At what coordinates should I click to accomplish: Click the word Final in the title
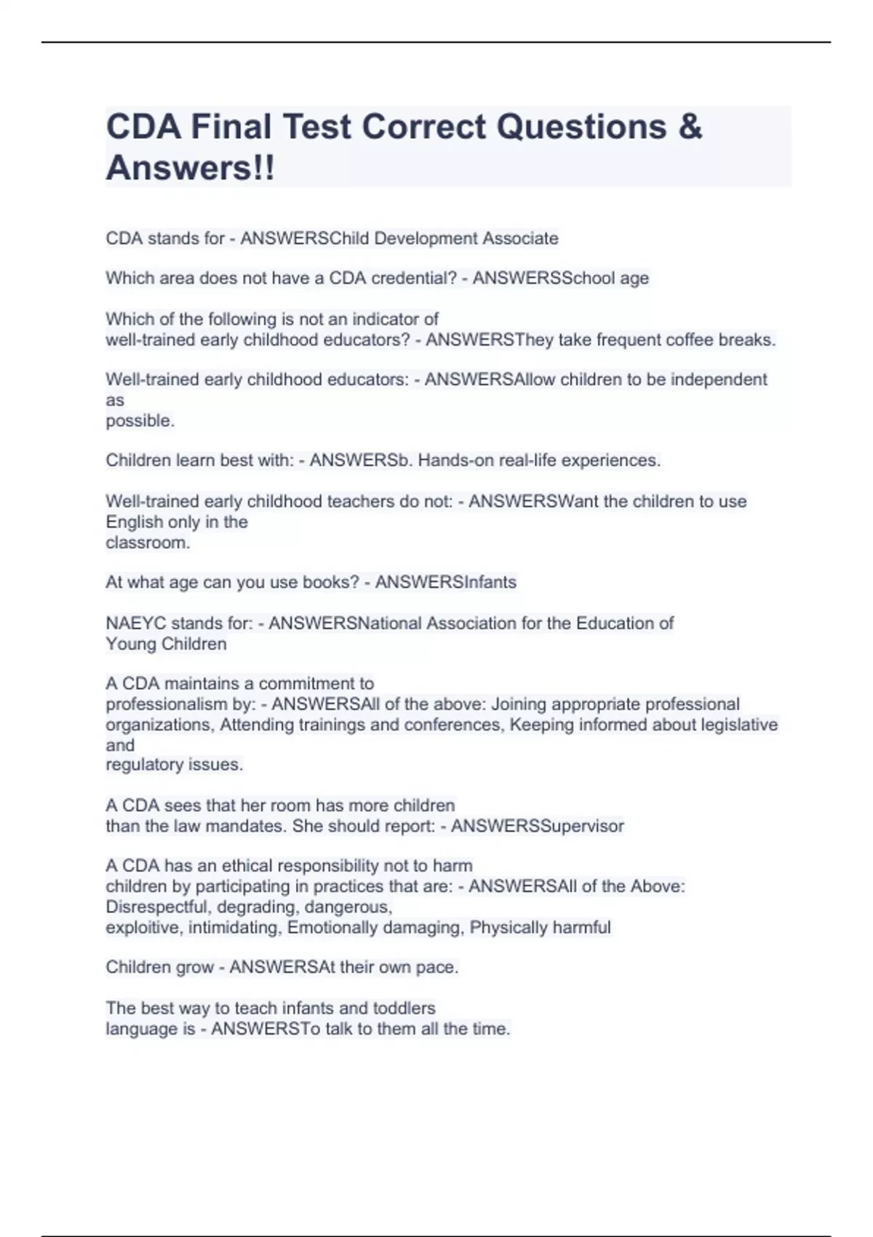[x=231, y=127]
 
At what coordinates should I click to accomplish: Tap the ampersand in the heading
[x=690, y=127]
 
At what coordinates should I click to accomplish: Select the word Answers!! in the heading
[x=191, y=168]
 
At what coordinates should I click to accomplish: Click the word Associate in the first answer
[x=521, y=239]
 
